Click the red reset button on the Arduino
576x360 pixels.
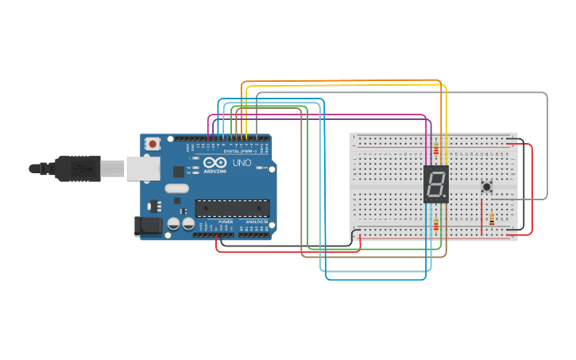[152, 144]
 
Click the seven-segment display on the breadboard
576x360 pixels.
[436, 184]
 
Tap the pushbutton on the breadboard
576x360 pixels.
[486, 187]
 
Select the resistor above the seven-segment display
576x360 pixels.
[435, 146]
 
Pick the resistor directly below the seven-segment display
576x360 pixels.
[435, 225]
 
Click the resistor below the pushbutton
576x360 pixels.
[492, 219]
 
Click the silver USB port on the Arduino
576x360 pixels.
[142, 168]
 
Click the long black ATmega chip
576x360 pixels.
[232, 208]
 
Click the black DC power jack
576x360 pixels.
[149, 226]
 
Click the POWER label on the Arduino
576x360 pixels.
[226, 222]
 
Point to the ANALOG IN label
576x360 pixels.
[255, 222]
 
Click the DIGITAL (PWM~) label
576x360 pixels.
[239, 151]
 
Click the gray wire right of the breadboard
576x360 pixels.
[547, 143]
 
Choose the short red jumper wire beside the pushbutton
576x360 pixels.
[481, 216]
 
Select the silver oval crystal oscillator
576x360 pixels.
[177, 188]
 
